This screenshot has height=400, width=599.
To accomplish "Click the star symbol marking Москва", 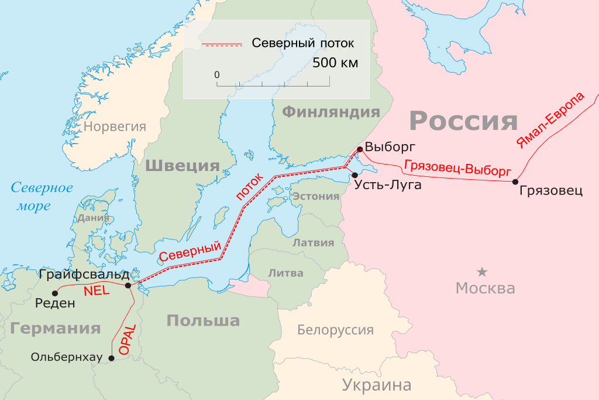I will point(482,272).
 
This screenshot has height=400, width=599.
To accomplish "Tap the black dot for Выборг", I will point(359,149).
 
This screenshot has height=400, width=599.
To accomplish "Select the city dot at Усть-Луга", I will point(355,175).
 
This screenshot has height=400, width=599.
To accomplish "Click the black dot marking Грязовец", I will point(515,182).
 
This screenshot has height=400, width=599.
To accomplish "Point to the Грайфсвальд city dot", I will point(128,285).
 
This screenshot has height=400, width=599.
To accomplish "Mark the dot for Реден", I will point(55,293).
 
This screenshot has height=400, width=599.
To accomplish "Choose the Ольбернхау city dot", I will point(112,357).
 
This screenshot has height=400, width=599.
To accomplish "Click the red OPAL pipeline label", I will point(127,339).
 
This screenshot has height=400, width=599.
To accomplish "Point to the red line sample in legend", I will point(222,44).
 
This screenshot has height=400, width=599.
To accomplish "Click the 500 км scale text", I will point(335,63).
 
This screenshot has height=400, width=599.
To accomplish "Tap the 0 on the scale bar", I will point(217,75).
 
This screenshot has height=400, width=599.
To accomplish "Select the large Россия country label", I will point(463,121).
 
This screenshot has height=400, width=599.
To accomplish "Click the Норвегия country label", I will point(114,125).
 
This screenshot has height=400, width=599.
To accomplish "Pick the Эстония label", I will point(316,196).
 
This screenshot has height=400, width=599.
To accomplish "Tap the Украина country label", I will point(377,385).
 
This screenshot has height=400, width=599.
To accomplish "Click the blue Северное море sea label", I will point(42,197).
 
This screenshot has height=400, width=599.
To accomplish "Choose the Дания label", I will point(94,218).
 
